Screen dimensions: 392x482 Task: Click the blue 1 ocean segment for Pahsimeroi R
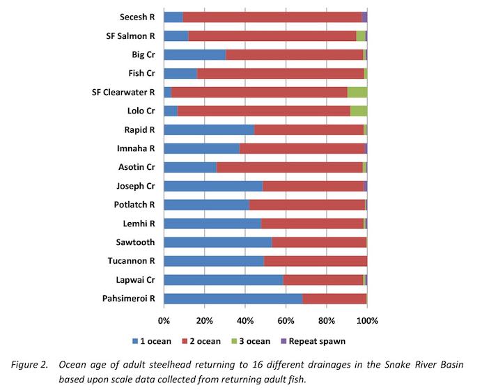(233, 299)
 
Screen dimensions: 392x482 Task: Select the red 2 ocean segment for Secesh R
(272, 17)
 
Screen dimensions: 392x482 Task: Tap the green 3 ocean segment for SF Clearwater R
(357, 92)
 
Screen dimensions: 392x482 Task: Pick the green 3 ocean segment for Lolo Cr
(358, 111)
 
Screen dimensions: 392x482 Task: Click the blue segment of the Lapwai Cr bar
(223, 280)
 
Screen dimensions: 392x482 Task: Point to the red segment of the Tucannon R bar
(315, 261)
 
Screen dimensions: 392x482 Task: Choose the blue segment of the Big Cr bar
(194, 54)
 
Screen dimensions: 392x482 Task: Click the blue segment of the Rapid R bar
(208, 130)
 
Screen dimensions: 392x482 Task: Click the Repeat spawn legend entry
(316, 341)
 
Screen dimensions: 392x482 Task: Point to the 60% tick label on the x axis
(286, 321)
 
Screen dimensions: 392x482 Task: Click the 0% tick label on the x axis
(164, 321)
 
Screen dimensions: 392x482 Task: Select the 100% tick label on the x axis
(367, 321)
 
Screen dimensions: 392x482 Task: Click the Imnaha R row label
(135, 148)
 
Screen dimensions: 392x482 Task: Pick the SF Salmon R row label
(125, 36)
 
